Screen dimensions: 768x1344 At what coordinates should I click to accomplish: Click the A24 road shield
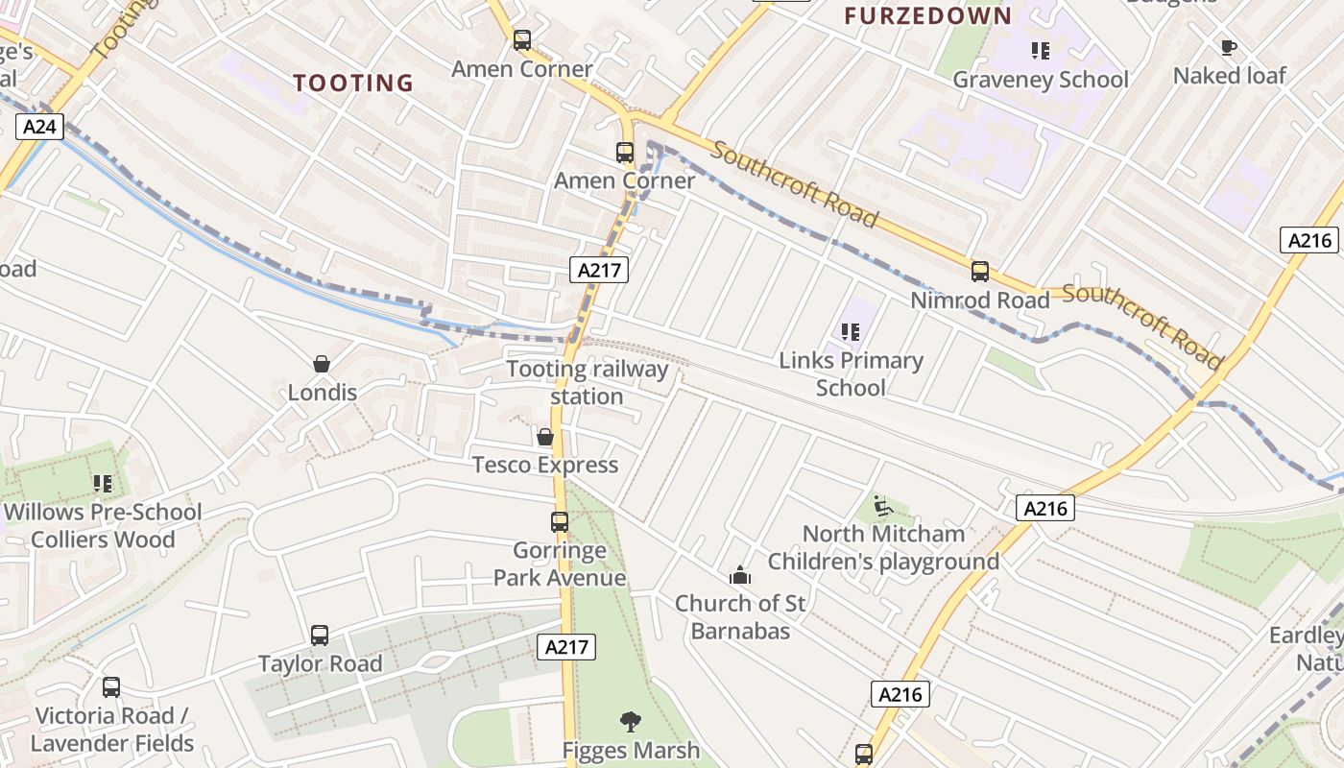tap(39, 126)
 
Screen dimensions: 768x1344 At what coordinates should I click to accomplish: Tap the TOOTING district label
tap(353, 84)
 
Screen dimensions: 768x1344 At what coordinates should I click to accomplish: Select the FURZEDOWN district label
tap(927, 15)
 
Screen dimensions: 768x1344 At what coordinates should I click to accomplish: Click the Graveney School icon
tap(1040, 50)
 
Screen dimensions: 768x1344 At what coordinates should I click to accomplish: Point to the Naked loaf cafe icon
tap(1228, 47)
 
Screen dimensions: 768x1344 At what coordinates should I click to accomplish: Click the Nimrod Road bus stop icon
tap(979, 272)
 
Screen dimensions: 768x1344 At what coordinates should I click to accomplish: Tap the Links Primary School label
tap(851, 373)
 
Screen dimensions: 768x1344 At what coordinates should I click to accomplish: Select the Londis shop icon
tap(322, 364)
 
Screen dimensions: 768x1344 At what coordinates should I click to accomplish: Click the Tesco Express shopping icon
tap(545, 437)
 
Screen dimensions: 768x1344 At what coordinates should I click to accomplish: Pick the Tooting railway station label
tap(588, 382)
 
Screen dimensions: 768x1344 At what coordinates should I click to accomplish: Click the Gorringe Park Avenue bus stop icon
tap(560, 522)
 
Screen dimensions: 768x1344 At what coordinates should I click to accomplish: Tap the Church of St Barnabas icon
tap(740, 576)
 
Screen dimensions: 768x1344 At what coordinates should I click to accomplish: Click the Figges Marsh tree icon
tap(631, 721)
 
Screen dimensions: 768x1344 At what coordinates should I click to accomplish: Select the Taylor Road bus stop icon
tap(320, 636)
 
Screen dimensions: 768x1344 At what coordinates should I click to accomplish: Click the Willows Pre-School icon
tap(103, 484)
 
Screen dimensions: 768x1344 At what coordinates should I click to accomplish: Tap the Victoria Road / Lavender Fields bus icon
tap(111, 687)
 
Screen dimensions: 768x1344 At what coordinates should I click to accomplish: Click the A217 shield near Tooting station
tap(599, 270)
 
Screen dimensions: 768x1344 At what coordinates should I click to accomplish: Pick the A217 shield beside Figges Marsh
tap(566, 647)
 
